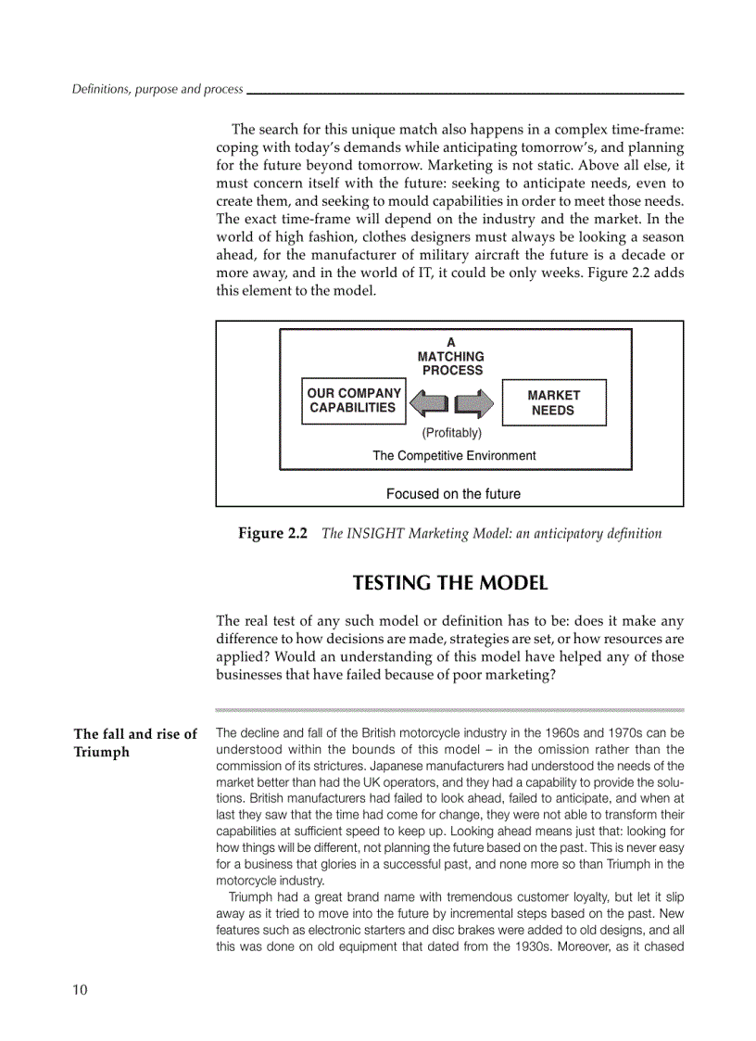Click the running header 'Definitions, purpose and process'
[x=157, y=90]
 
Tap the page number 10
[x=81, y=990]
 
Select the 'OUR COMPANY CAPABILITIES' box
[x=354, y=400]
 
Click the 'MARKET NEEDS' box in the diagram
[x=553, y=402]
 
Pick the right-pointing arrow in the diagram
[x=474, y=403]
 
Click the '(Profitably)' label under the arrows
[x=452, y=433]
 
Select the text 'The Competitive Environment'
[x=454, y=455]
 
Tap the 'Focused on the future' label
[x=453, y=494]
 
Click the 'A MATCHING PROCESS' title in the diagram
[x=451, y=356]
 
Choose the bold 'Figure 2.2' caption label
[x=272, y=533]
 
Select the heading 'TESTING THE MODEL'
[x=450, y=583]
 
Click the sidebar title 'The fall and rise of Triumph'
[x=135, y=743]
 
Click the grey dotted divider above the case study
[x=449, y=708]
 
